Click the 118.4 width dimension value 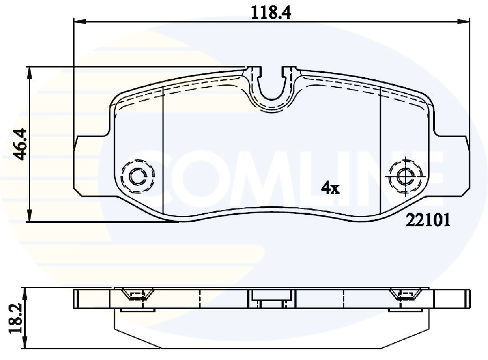coord(270,13)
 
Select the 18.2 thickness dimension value coord(17,319)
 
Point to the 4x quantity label coord(330,188)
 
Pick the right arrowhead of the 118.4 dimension coord(464,21)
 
